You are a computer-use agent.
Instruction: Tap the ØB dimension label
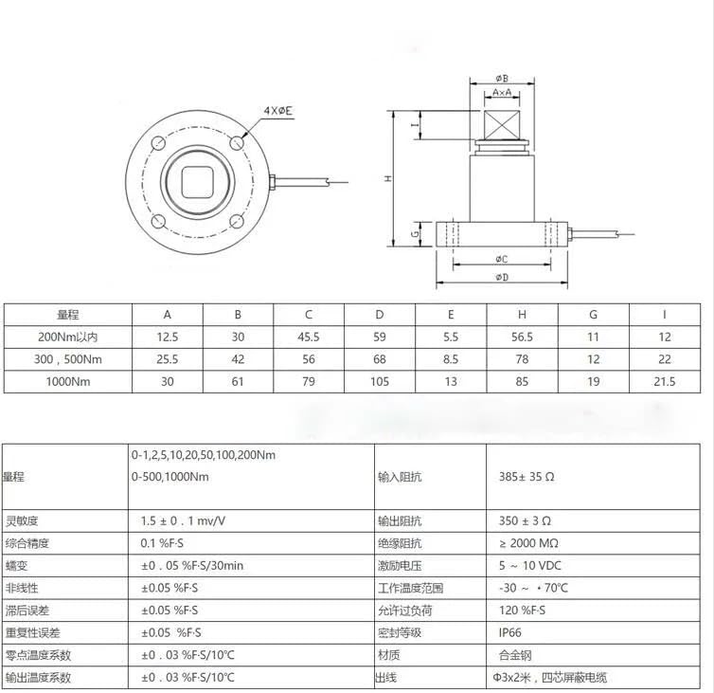point(502,78)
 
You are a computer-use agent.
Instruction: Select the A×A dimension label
point(502,93)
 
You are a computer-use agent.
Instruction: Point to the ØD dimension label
point(502,277)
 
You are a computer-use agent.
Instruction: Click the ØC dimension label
point(502,258)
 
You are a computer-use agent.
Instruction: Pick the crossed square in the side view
point(502,125)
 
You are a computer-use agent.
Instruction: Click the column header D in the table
point(380,315)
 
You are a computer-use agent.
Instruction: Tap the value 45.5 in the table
point(309,337)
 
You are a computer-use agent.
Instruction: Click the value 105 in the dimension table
point(380,381)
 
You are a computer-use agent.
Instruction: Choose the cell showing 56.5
point(522,337)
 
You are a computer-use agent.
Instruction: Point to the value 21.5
point(665,381)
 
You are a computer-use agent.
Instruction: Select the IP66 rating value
point(512,632)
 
